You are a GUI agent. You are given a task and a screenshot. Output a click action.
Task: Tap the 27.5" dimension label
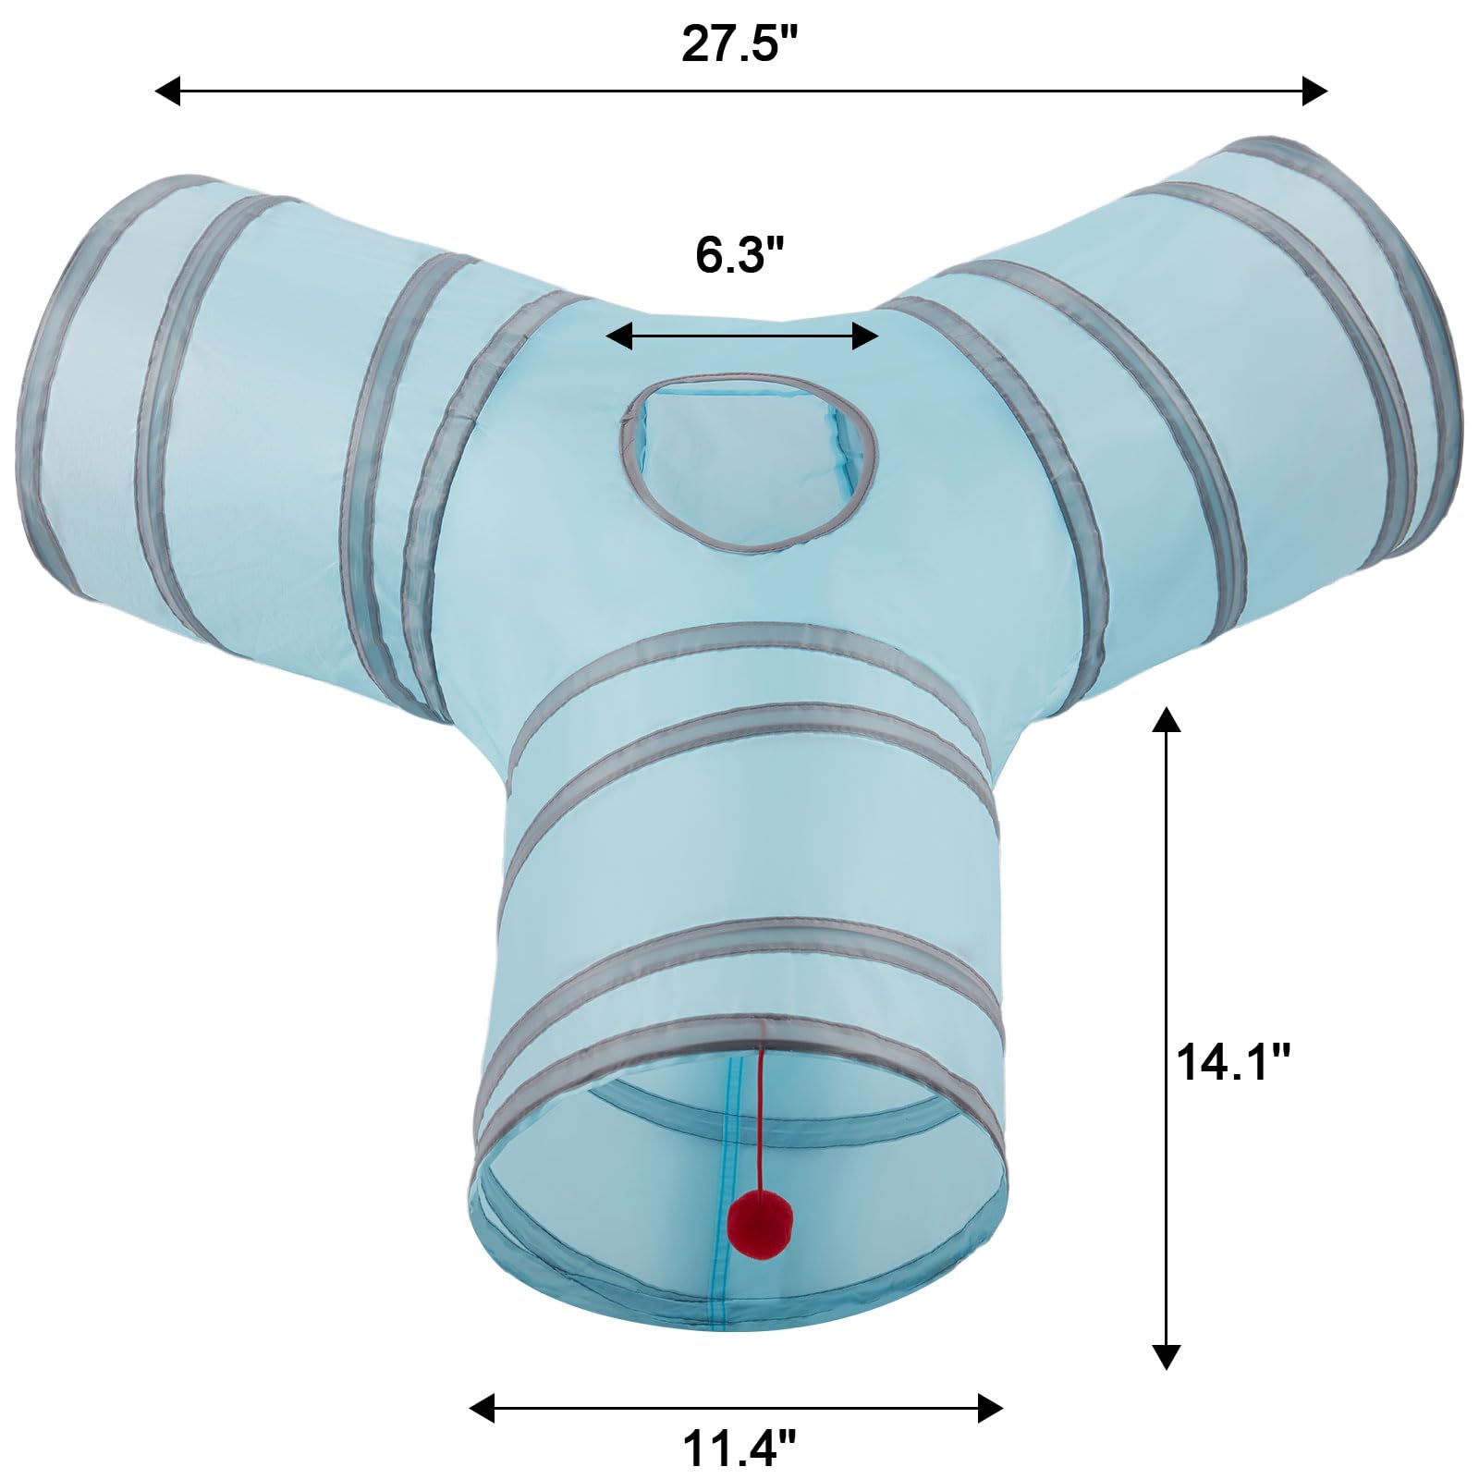pos(739,43)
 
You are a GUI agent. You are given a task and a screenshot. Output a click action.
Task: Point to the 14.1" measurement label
pos(1232,1061)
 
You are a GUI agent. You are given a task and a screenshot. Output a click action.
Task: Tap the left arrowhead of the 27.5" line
pos(167,91)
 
